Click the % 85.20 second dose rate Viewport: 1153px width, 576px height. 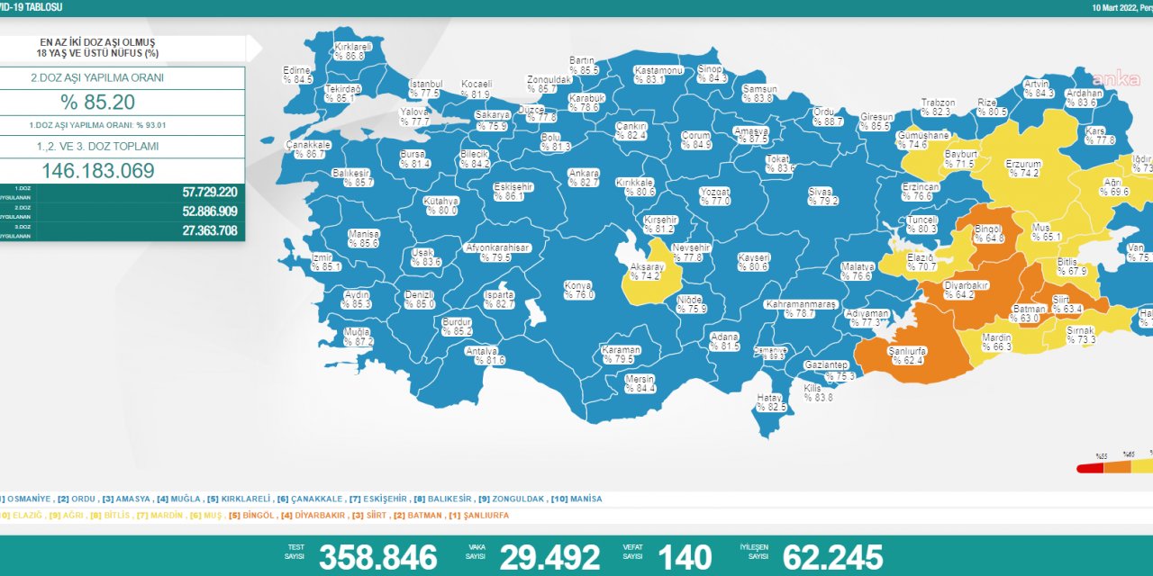point(97,102)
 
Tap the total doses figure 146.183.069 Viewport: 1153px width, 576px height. point(97,171)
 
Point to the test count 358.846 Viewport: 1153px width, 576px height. point(377,557)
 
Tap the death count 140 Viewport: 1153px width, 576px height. point(684,557)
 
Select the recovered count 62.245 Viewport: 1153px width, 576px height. point(832,557)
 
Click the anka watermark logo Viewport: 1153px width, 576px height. point(1117,79)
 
